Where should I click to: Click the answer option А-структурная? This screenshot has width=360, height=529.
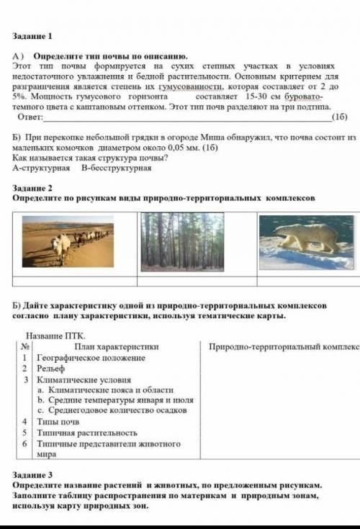(41, 168)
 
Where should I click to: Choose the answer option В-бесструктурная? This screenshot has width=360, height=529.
(116, 168)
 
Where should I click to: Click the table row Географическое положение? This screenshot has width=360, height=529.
(91, 357)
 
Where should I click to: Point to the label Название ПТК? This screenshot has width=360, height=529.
(55, 335)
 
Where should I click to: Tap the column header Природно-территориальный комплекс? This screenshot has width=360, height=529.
(284, 346)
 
